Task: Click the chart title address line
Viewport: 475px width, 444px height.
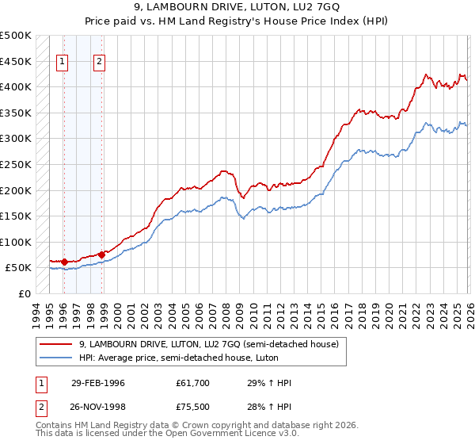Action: click(x=237, y=7)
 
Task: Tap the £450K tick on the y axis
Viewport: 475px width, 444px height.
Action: click(x=16, y=61)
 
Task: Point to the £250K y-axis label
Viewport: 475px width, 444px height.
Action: click(x=16, y=165)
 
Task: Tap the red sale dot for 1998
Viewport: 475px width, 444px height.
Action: click(x=101, y=255)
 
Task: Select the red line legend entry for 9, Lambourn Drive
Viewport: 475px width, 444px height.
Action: click(x=209, y=344)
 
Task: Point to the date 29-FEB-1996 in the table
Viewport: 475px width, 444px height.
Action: click(x=98, y=383)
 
